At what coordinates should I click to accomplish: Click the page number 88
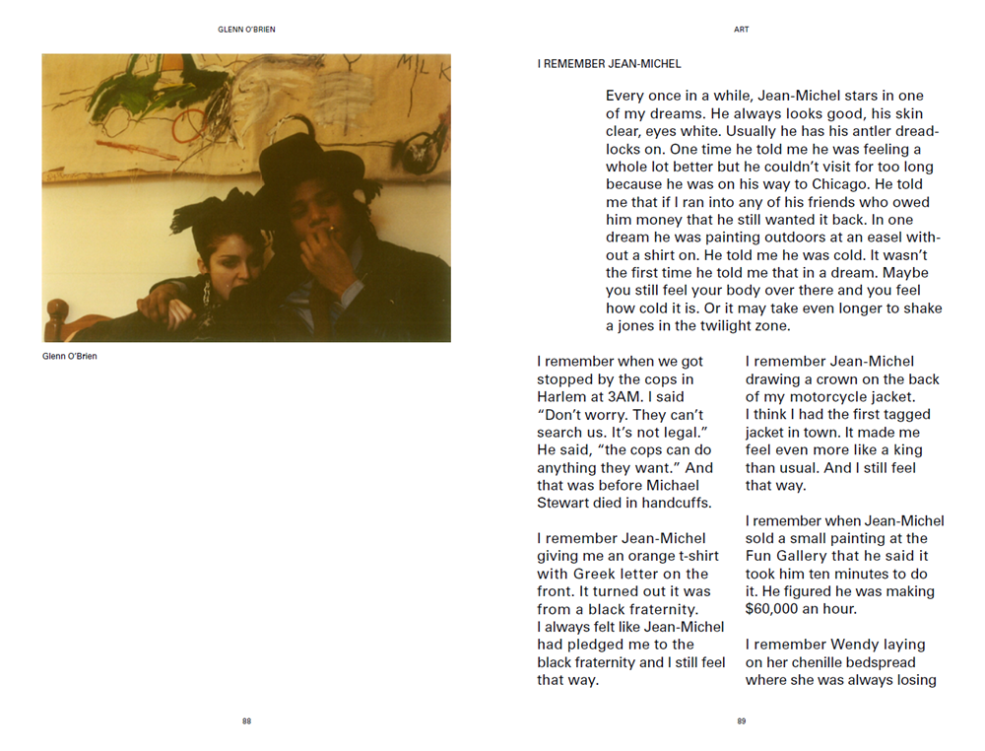pyautogui.click(x=246, y=721)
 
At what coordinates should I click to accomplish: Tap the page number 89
pyautogui.click(x=741, y=721)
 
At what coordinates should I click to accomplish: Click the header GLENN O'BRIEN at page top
pyautogui.click(x=246, y=30)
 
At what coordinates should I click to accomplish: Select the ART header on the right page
pyautogui.click(x=741, y=30)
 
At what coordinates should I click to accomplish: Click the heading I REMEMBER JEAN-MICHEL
pyautogui.click(x=609, y=64)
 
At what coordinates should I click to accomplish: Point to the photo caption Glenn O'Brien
pyautogui.click(x=70, y=356)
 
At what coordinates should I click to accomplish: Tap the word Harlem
pyautogui.click(x=562, y=397)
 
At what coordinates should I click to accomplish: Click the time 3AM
pyautogui.click(x=624, y=397)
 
